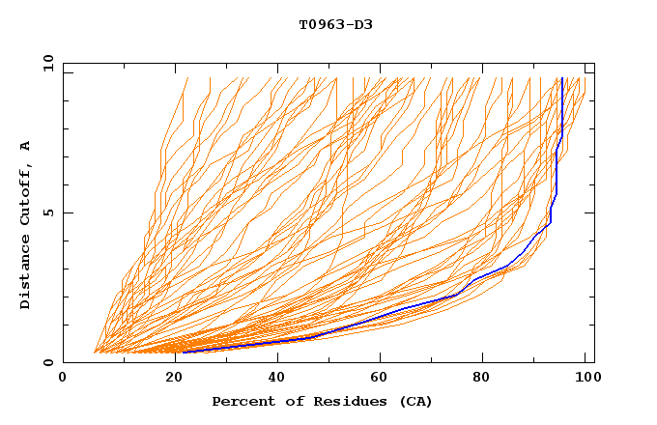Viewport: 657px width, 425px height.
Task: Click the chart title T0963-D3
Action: click(335, 24)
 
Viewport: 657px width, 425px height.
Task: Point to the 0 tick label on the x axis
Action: click(64, 378)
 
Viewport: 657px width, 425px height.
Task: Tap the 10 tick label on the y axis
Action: click(45, 63)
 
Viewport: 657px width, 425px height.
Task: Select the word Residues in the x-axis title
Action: click(339, 401)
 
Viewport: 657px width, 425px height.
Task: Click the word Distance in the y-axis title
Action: click(26, 272)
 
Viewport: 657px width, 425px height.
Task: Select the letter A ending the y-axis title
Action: click(26, 146)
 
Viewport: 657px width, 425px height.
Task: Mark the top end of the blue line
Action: click(562, 78)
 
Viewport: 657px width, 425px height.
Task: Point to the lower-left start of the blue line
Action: click(183, 352)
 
